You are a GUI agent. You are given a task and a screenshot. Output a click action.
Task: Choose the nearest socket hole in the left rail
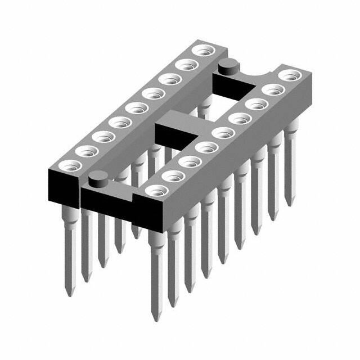[x=70, y=165]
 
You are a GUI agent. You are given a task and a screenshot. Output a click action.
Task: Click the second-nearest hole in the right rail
[x=172, y=175]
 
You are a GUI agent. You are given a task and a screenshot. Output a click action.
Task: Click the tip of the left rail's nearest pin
[x=68, y=293]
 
